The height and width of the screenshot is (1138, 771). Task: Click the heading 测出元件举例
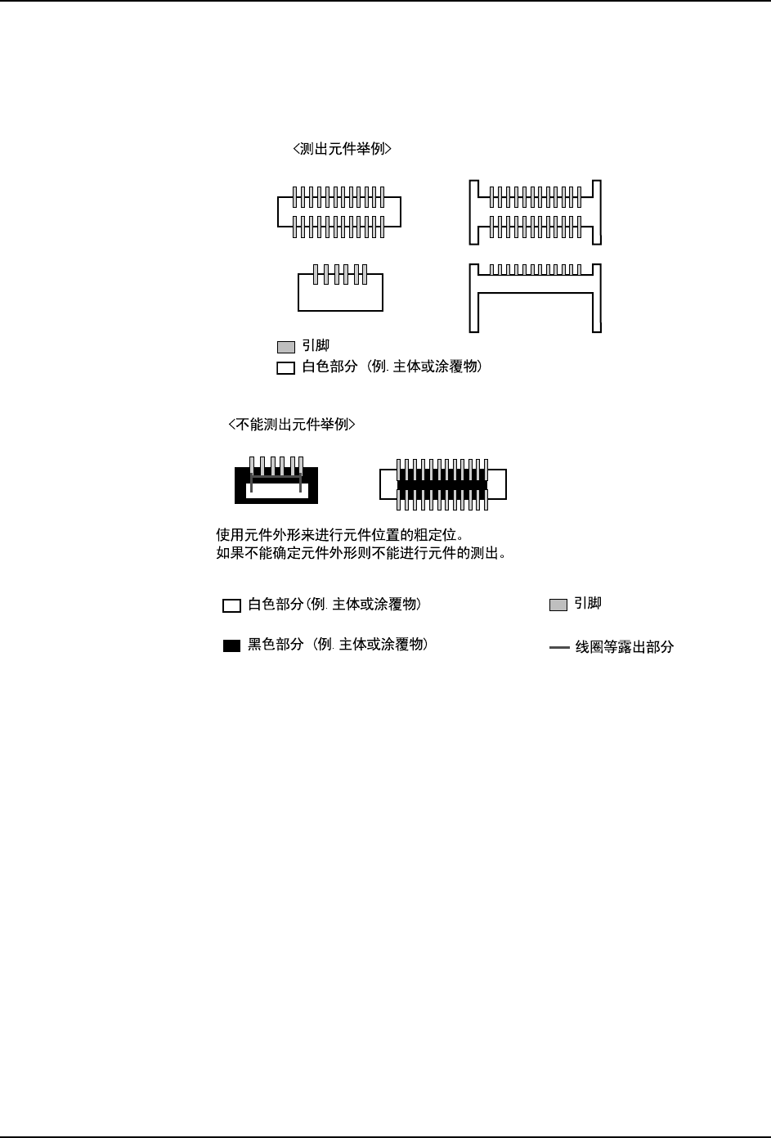342,149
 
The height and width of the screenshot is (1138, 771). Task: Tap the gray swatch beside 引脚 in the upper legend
285,347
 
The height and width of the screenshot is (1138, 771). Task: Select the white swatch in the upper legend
285,368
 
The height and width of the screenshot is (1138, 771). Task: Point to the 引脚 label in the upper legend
316,346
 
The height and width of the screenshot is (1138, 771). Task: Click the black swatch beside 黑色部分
231,645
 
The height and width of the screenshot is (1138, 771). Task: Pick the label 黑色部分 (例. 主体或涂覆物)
338,645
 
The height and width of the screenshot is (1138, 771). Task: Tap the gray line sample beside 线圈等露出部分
559,647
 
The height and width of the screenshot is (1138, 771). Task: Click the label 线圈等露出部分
625,647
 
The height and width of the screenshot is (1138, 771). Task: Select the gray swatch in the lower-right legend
558,605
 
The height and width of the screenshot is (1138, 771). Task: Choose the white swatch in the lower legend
231,606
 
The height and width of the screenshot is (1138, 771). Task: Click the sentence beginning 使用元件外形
339,535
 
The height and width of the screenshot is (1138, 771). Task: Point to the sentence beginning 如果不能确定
361,553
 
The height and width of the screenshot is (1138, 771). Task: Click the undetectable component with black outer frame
276,481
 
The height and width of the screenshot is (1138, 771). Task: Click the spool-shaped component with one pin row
535,298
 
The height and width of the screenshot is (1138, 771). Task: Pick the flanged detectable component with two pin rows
535,212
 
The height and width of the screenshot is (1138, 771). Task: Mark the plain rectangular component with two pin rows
338,212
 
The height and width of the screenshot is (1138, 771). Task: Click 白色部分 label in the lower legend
334,605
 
